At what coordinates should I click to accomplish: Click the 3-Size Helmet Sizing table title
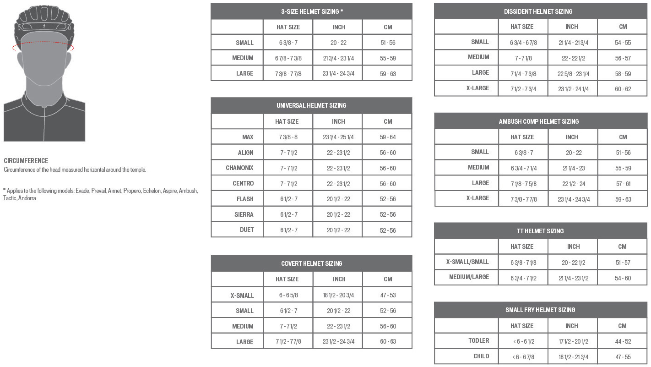click(311, 11)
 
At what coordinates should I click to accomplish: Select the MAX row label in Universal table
click(248, 137)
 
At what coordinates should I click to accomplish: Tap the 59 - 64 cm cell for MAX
click(387, 137)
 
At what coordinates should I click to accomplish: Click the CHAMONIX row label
click(239, 168)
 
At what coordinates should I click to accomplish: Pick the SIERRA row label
click(244, 214)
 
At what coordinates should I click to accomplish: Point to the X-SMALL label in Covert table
click(242, 296)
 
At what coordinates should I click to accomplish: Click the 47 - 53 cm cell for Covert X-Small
click(387, 296)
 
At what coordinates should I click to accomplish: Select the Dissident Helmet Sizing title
click(538, 11)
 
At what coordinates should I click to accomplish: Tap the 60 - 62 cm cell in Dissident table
click(623, 89)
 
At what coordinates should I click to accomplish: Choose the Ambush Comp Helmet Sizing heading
click(538, 121)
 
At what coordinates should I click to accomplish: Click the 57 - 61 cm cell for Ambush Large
click(623, 184)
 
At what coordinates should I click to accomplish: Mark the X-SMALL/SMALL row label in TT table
click(467, 262)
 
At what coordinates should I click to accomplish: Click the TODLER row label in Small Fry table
click(478, 341)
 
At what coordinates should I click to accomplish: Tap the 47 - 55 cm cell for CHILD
click(623, 357)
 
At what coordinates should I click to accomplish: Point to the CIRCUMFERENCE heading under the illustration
click(26, 161)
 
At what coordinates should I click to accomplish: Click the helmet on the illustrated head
click(44, 21)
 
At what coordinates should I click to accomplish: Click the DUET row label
click(246, 230)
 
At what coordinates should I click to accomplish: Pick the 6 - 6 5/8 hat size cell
click(288, 296)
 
